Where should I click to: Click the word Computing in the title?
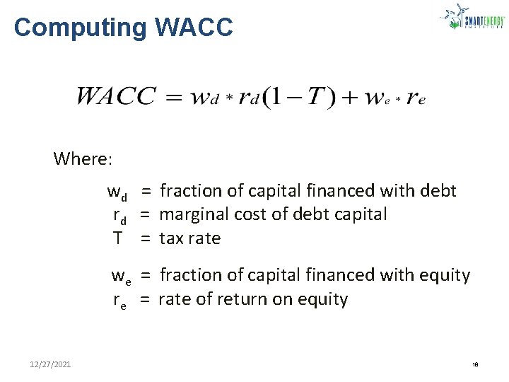pos(78,28)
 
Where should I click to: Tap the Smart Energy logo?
pos(472,18)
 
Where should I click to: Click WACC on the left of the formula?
pos(116,96)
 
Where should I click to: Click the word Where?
pos(83,158)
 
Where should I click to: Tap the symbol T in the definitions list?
pos(118,238)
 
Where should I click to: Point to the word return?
pos(233,299)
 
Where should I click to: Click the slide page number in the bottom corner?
pos(475,365)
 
